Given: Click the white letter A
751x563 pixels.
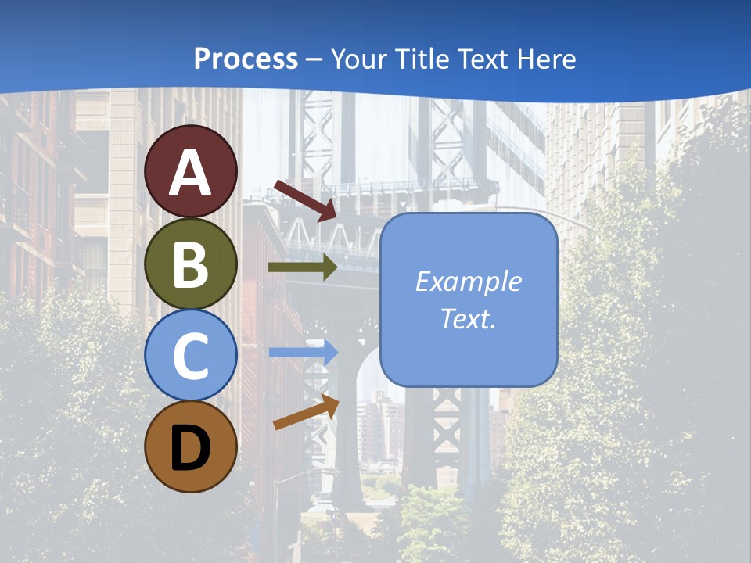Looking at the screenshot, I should [x=190, y=174].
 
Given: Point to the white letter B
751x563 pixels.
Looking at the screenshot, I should [x=190, y=265].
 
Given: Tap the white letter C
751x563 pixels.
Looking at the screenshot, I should [x=190, y=357].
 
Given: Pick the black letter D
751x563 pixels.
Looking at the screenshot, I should [x=190, y=448].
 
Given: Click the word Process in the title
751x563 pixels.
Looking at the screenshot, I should [x=246, y=59].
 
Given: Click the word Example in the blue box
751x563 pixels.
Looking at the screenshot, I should [x=469, y=281].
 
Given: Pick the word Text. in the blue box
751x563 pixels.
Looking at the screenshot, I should [x=469, y=318].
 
